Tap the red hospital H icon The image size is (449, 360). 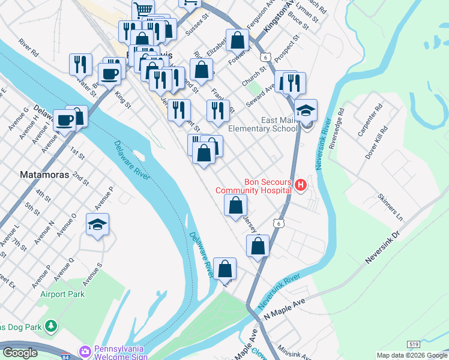tap(301, 186)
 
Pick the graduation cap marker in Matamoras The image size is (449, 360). tap(97, 225)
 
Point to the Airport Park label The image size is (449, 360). tap(62, 294)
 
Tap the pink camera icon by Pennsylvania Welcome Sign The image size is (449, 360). tap(85, 350)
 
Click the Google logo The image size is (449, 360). tap(20, 353)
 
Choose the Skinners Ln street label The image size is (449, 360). tap(390, 206)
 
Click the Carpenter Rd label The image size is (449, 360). tap(370, 122)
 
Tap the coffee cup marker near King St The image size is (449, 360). tap(109, 74)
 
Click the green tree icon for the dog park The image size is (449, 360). tap(52, 326)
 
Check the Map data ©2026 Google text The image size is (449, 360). tap(412, 355)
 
